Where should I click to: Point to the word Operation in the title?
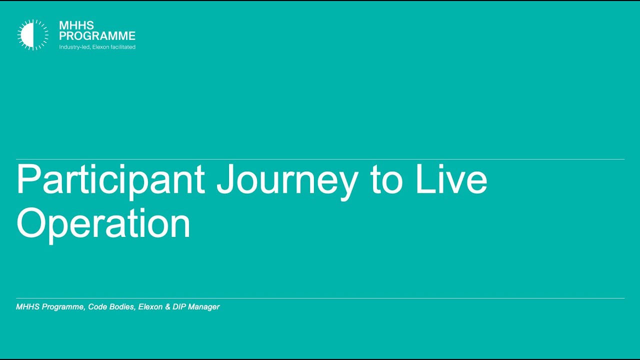(x=103, y=223)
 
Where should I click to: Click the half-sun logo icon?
(x=33, y=35)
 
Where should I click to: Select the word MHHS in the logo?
(x=76, y=25)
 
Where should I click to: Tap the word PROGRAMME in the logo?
(x=97, y=36)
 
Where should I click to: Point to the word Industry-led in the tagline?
(x=74, y=47)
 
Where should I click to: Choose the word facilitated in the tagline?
(x=123, y=47)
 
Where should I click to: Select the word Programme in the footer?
(x=62, y=307)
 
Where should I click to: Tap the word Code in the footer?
(x=97, y=307)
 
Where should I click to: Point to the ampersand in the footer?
(x=167, y=307)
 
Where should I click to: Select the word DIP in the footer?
(x=179, y=307)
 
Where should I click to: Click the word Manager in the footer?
(x=203, y=307)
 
